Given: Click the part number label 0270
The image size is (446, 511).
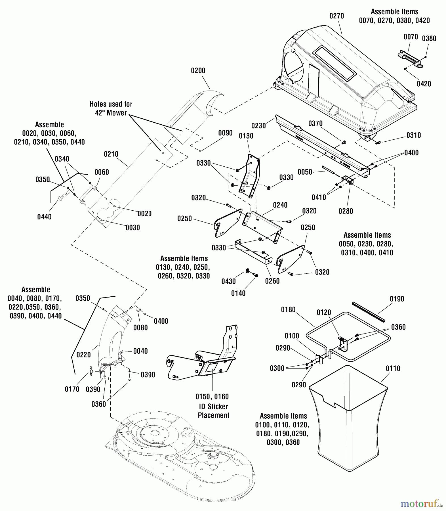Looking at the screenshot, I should click(x=336, y=16).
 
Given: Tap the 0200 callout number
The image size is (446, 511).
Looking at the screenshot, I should click(x=198, y=71).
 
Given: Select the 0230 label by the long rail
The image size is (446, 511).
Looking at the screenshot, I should click(x=258, y=126).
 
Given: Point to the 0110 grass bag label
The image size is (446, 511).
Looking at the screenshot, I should click(x=393, y=368).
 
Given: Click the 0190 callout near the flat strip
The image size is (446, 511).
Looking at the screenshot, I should click(x=397, y=299).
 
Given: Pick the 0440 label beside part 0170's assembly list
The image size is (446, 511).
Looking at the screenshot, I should click(x=55, y=316).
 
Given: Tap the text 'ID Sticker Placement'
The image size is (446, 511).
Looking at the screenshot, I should click(x=213, y=411).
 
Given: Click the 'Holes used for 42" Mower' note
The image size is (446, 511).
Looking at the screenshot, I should click(x=111, y=108).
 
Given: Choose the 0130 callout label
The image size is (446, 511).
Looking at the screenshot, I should click(x=246, y=136).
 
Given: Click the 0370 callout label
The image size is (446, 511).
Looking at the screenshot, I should click(x=315, y=123).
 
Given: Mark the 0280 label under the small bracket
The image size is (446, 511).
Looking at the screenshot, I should click(x=346, y=211).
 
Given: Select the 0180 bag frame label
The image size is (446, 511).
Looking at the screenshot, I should click(x=288, y=310).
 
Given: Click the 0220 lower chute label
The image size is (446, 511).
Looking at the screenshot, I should click(x=83, y=355).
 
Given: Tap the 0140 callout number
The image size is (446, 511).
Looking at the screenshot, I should click(x=238, y=293).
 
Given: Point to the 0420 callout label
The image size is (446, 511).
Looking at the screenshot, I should click(x=424, y=84).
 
